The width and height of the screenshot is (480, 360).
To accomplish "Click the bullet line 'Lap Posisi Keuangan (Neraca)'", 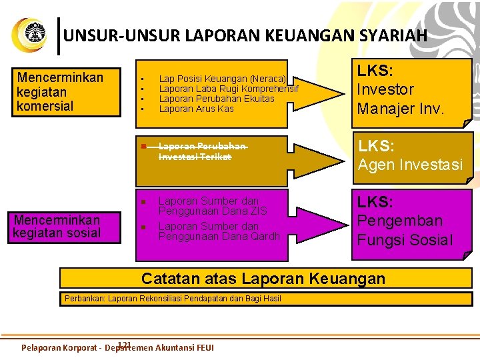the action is (x=222, y=79).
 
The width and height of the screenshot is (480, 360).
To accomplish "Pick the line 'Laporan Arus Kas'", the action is (x=197, y=109).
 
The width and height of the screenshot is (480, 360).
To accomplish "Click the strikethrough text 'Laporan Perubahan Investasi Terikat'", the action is (x=201, y=151).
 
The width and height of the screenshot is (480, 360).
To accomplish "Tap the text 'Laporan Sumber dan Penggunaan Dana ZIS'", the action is (x=211, y=206).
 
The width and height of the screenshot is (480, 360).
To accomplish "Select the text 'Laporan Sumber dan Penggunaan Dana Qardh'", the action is (x=218, y=231).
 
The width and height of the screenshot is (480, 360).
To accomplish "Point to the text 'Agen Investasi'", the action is (x=410, y=165).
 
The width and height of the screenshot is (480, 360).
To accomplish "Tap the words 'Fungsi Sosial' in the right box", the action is (x=405, y=240).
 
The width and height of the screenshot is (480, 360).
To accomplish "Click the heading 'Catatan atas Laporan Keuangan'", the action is (x=263, y=278).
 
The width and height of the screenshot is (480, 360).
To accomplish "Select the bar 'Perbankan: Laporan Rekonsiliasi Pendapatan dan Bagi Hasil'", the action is (x=173, y=299).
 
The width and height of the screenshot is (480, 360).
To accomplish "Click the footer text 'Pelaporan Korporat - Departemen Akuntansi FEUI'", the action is (x=118, y=347).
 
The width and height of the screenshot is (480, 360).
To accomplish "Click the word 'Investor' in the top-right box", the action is (x=385, y=89).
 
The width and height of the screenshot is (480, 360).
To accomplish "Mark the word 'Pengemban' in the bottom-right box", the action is (x=399, y=221).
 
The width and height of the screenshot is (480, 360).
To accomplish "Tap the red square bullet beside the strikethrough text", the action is (x=142, y=146).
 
